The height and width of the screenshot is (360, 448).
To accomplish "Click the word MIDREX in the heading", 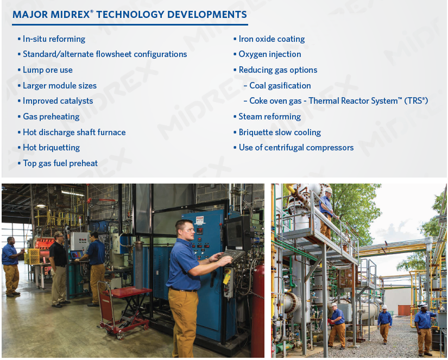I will (69, 15).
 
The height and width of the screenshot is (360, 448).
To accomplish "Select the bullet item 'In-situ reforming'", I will (54, 39).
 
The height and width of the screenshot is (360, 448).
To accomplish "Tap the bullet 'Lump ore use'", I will (47, 70).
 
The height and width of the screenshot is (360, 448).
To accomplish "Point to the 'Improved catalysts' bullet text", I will (58, 101).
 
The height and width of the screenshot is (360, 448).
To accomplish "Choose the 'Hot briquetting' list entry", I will (51, 148).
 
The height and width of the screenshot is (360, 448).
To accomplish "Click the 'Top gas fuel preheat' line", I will (60, 163).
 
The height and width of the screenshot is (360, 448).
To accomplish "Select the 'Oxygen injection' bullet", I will (269, 54).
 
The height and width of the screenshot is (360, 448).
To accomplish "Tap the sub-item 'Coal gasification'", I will (280, 86).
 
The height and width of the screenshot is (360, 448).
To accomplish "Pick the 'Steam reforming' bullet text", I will (269, 117).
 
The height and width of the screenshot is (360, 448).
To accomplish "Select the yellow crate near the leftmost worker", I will (33, 256).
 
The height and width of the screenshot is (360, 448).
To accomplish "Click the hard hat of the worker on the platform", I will (328, 191).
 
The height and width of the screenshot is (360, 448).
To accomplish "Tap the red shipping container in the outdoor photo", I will (405, 310).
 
